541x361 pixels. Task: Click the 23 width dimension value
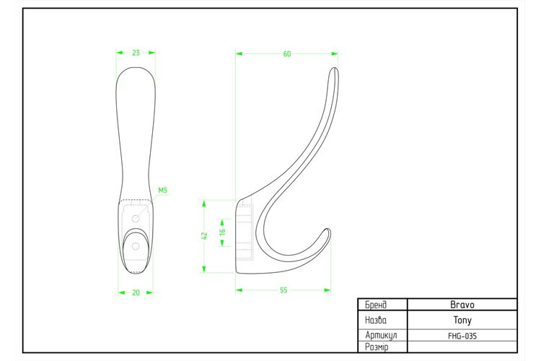click(136, 53)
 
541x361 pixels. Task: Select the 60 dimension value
click(287, 54)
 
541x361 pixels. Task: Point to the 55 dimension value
click(283, 290)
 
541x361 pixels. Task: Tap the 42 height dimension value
click(204, 236)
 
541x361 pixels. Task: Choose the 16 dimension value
click(222, 232)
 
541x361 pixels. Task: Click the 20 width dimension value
click(136, 292)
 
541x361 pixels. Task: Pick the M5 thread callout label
click(162, 191)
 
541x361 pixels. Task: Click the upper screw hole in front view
click(136, 219)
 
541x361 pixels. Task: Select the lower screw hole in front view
click(136, 246)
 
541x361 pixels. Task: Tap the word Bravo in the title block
click(462, 305)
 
